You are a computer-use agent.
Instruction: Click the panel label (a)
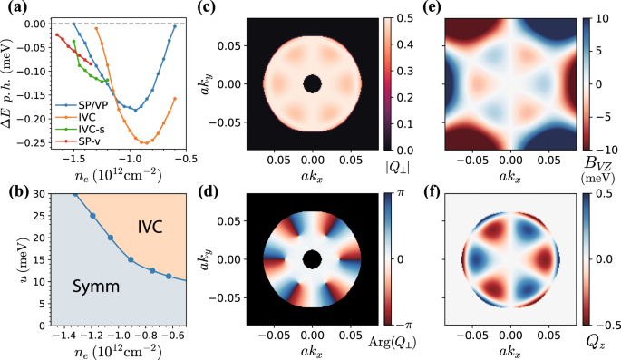(13, 10)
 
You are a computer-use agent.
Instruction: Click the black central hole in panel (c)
(312, 84)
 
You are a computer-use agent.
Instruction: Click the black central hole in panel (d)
(312, 259)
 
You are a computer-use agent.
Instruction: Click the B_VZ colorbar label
(587, 165)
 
